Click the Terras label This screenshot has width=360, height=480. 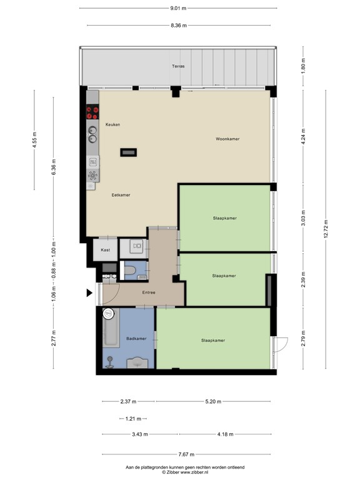(178, 66)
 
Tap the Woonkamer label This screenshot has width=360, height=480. (227, 139)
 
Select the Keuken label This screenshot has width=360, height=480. (112, 124)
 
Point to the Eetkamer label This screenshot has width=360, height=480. (121, 195)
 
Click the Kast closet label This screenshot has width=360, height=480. (105, 250)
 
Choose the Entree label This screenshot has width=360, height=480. (149, 292)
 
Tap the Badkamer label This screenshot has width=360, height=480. (136, 339)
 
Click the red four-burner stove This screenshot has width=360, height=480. (92, 112)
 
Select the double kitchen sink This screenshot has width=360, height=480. (92, 135)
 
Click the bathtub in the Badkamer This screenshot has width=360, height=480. (111, 328)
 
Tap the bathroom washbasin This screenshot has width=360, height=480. (137, 362)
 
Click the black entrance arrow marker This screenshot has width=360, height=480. (89, 293)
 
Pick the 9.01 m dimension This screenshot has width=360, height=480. (178, 8)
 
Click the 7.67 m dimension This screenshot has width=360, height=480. (186, 454)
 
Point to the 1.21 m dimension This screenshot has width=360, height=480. (133, 419)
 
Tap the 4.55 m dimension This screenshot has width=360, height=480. (34, 140)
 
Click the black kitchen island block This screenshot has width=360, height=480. (128, 152)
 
